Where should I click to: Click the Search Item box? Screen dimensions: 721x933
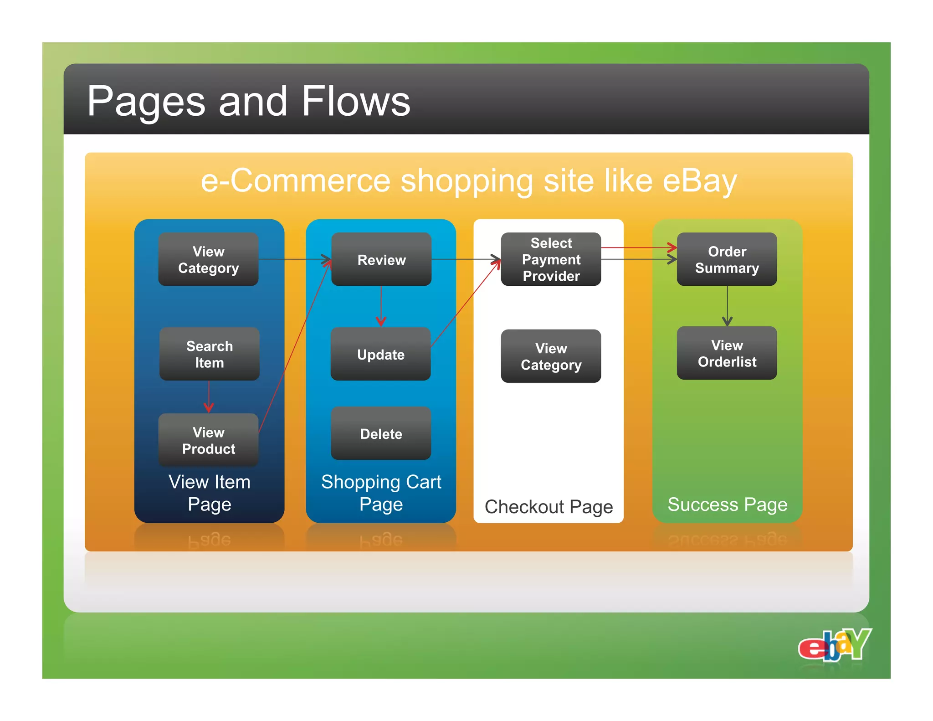(209, 354)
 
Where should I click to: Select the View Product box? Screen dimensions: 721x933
(208, 440)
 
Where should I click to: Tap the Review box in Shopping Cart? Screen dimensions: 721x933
(381, 260)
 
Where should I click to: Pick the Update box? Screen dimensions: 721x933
(380, 354)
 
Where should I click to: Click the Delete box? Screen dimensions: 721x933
(381, 434)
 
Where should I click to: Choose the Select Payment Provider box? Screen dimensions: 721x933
(551, 259)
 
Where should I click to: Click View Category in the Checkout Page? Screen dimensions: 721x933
(551, 356)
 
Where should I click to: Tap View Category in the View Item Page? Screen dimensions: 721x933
(208, 259)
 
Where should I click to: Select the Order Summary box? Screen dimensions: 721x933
(727, 259)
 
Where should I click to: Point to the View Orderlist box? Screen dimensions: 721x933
(727, 353)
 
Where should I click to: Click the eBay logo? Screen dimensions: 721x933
(835, 644)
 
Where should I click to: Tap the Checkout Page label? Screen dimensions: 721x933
(549, 507)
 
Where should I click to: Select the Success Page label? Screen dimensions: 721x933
(727, 505)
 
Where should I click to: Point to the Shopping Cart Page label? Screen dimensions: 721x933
(381, 493)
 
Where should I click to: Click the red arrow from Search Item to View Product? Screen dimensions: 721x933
(209, 397)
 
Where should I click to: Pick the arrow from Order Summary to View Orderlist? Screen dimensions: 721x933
(727, 306)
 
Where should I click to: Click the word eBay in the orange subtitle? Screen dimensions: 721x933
(699, 181)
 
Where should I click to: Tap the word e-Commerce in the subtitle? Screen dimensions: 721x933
(296, 181)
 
